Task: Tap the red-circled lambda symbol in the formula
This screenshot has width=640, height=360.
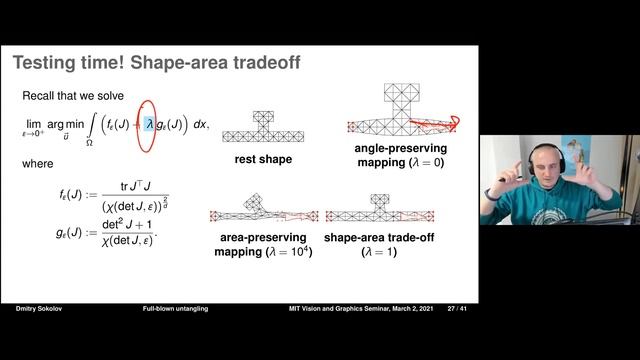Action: pyautogui.click(x=148, y=125)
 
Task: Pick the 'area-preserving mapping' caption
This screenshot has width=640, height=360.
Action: pyautogui.click(x=264, y=245)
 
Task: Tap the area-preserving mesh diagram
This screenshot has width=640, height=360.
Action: pyautogui.click(x=264, y=209)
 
